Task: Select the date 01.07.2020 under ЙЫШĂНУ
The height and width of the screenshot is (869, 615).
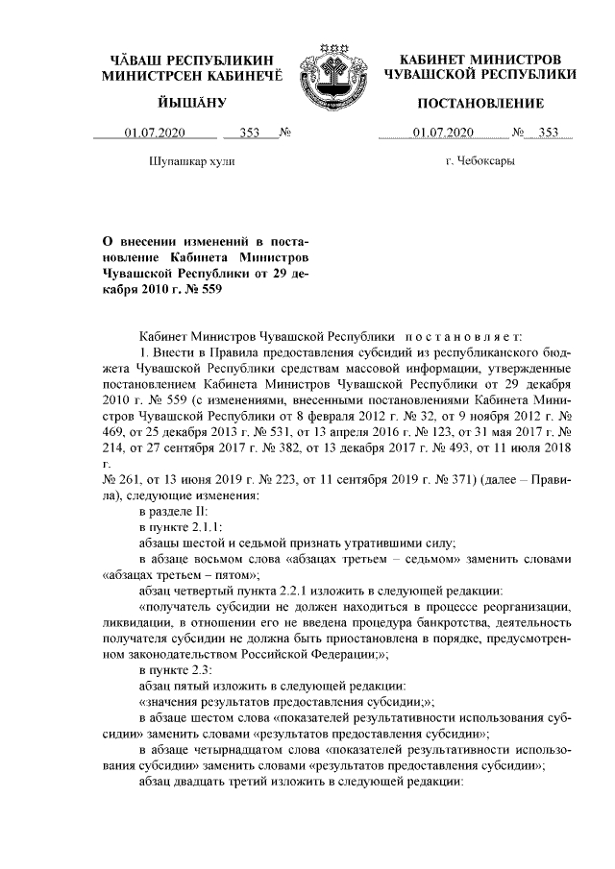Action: point(155,132)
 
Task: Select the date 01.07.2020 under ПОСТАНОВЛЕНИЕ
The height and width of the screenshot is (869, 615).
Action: point(443,132)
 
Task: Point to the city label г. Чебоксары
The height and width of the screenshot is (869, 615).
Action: point(480,160)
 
